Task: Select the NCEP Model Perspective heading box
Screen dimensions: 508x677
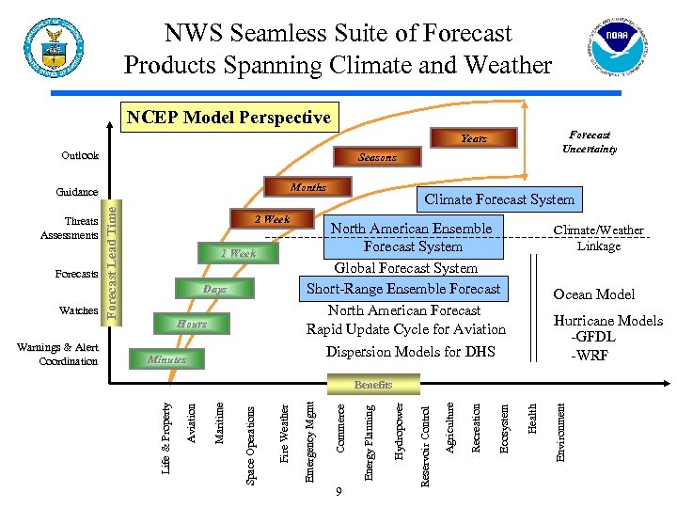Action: (228, 118)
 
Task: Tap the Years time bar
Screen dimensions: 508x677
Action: (474, 138)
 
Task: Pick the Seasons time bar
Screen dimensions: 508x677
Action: (377, 157)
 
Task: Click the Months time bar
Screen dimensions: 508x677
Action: (307, 187)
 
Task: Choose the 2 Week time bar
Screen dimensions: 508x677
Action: (272, 219)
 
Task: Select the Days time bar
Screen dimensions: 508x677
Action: (214, 289)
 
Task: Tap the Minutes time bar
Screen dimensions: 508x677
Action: (166, 359)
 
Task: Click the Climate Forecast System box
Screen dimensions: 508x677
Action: (499, 199)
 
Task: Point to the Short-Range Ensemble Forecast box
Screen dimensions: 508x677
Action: (404, 289)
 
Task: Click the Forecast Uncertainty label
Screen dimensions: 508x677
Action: (590, 142)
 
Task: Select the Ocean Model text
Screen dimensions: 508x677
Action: (593, 294)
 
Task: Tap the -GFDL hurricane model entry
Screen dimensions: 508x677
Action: (592, 338)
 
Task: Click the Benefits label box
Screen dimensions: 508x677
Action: (372, 385)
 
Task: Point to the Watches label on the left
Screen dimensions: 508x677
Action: (79, 310)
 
